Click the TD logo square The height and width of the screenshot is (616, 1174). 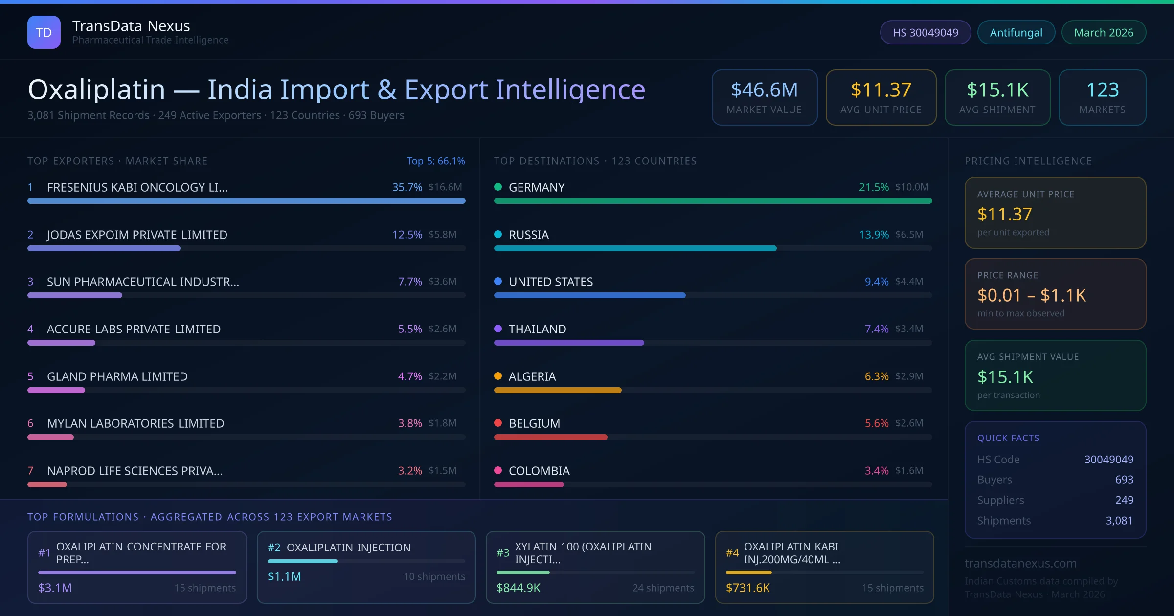coord(44,32)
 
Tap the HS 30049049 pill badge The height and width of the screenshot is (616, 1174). coord(925,32)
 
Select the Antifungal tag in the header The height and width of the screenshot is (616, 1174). coord(1016,32)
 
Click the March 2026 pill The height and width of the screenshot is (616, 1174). coord(1104,32)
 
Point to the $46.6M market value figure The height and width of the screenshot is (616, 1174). coord(764,90)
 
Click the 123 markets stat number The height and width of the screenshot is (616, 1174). coord(1103,90)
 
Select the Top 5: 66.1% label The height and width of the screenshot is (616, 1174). coord(436,161)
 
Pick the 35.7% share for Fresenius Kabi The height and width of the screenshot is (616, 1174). coord(407,187)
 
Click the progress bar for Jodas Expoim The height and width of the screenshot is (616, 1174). coord(104,248)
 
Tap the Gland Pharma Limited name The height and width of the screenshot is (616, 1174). coord(117,376)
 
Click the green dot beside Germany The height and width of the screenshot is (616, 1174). coord(498,187)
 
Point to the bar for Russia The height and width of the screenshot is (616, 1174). coord(635,248)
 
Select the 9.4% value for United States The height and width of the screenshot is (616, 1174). coord(877,282)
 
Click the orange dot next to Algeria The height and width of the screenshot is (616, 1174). coord(498,376)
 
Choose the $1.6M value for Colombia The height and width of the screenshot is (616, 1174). coord(909,471)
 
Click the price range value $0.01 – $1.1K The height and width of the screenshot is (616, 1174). coord(1032,295)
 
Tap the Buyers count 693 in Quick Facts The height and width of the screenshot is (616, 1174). coord(1124,480)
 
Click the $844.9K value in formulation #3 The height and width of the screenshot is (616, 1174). coord(519,588)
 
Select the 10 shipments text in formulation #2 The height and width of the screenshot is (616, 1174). coord(434,577)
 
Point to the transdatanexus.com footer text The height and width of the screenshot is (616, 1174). coord(1020,563)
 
